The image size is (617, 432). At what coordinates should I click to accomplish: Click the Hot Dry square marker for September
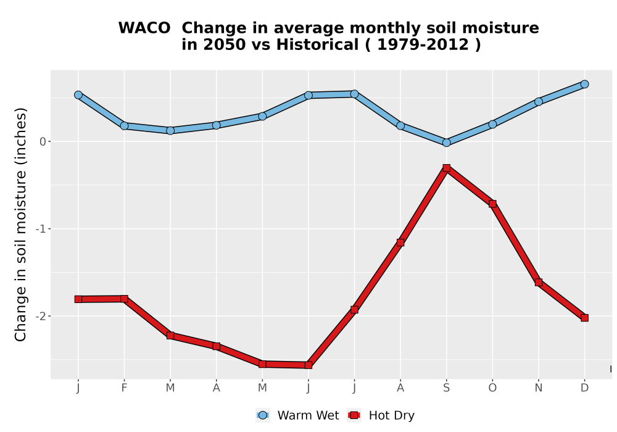click(446, 168)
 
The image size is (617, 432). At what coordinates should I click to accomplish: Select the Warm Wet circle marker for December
click(584, 84)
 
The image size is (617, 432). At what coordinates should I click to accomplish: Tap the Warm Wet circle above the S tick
click(446, 143)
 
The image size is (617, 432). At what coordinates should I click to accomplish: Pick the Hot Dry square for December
click(584, 318)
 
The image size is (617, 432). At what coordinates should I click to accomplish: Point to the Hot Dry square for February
click(125, 299)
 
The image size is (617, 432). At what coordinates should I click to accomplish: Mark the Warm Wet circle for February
click(125, 125)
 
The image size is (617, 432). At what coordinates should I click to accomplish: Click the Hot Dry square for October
click(492, 204)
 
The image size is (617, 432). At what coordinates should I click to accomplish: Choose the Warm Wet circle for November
click(538, 101)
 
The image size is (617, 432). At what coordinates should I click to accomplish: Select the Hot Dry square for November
click(538, 282)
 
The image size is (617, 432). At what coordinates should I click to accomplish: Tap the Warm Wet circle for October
click(492, 124)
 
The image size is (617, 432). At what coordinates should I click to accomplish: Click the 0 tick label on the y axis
click(43, 142)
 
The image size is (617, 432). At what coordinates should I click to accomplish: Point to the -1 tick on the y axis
click(41, 229)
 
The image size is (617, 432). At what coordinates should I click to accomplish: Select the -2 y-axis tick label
click(41, 317)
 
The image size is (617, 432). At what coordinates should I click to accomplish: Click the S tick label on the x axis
click(446, 388)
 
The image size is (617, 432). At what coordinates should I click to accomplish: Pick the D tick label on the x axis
click(584, 388)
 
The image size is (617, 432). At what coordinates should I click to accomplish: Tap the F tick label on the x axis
click(125, 388)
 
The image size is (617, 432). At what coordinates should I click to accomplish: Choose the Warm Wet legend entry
click(297, 415)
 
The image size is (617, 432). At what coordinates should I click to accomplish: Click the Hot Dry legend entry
click(381, 415)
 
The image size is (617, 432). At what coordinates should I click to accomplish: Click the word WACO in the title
click(144, 28)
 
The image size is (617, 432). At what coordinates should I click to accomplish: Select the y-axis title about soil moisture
click(20, 224)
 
